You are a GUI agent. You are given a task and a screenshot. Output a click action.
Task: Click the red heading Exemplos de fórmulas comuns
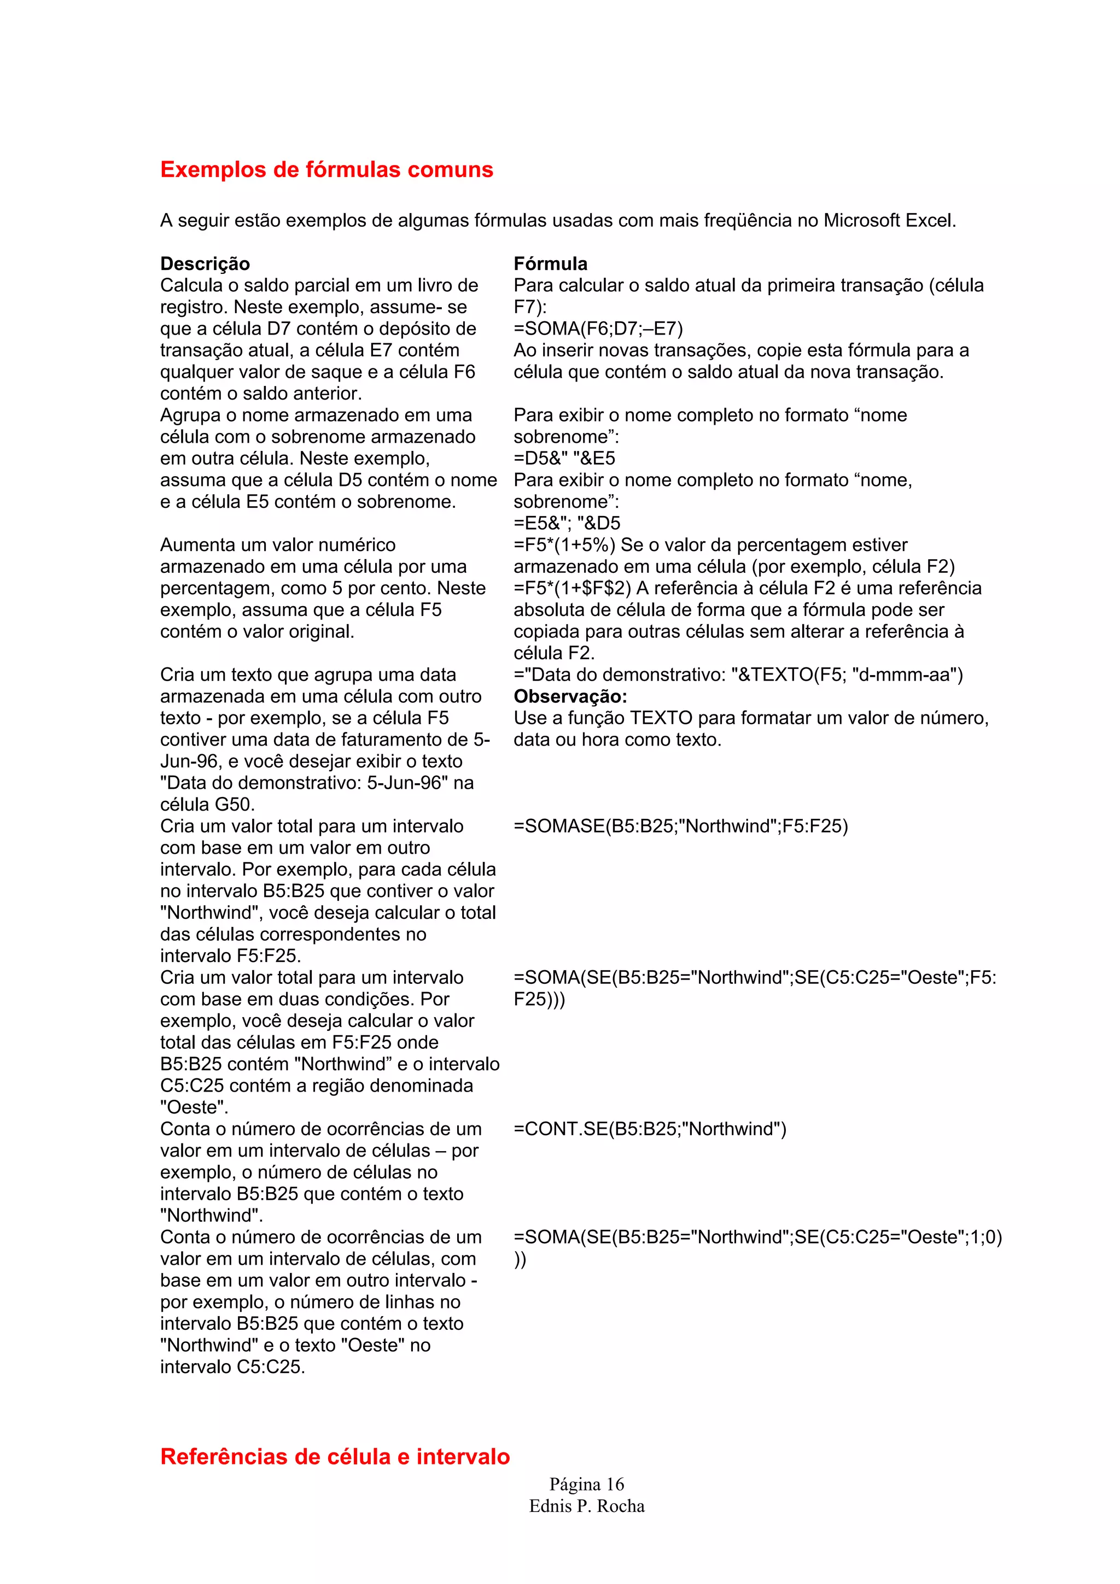pyautogui.click(x=326, y=169)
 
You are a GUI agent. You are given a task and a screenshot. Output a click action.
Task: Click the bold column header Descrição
pyautogui.click(x=205, y=263)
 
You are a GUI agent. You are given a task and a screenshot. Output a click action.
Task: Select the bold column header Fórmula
pyautogui.click(x=550, y=263)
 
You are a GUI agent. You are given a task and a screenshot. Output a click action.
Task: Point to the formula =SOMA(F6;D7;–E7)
pyautogui.click(x=598, y=328)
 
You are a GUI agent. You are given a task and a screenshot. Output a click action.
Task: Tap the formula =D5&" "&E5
pyautogui.click(x=564, y=458)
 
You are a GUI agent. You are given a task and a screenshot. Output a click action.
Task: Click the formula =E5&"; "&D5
pyautogui.click(x=567, y=523)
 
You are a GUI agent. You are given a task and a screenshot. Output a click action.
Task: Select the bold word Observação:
pyautogui.click(x=570, y=696)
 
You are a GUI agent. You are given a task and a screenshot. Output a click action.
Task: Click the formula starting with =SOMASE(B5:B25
pyautogui.click(x=680, y=826)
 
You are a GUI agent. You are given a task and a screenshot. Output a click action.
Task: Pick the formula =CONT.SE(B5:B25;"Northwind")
pyautogui.click(x=649, y=1129)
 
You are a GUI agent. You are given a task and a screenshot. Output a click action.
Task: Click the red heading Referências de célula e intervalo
pyautogui.click(x=335, y=1456)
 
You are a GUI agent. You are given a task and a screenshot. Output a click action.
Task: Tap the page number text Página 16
pyautogui.click(x=587, y=1484)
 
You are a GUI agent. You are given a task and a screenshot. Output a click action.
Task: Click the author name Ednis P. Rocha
pyautogui.click(x=587, y=1506)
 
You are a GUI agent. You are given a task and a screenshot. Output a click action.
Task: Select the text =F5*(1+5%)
pyautogui.click(x=564, y=545)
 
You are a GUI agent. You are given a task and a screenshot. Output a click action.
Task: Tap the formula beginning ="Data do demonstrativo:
pyautogui.click(x=738, y=674)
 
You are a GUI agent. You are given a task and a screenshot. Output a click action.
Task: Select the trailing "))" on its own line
pyautogui.click(x=520, y=1259)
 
